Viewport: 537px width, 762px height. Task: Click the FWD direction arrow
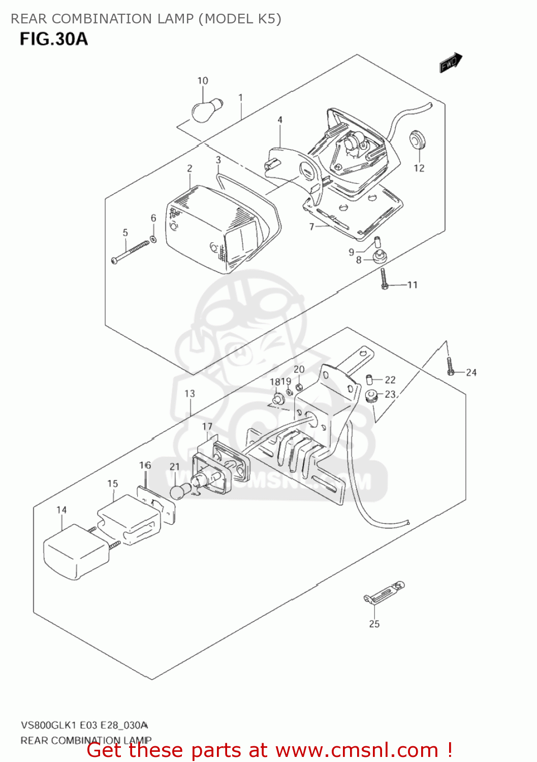(451, 63)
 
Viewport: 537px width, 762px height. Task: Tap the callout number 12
(419, 168)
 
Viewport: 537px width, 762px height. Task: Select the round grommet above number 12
(418, 140)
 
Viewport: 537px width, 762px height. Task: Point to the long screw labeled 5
(130, 252)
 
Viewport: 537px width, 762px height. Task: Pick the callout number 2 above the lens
(189, 169)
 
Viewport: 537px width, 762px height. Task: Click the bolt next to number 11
(384, 279)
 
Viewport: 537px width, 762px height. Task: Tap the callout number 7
(312, 227)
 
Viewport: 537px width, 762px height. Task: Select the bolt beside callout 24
(451, 366)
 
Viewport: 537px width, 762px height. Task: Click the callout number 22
(390, 379)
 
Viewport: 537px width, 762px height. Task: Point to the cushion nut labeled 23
(371, 395)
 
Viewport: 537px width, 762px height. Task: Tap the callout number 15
(112, 484)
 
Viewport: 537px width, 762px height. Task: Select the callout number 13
(189, 394)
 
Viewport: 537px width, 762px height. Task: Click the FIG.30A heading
(54, 39)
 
